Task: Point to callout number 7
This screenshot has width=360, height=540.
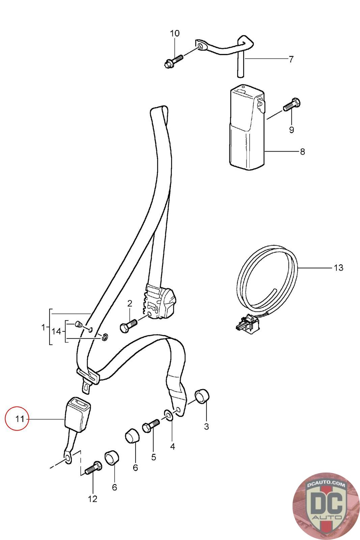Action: tap(291, 59)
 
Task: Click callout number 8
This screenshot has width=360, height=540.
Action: tap(302, 152)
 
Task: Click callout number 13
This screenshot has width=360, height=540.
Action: tap(338, 268)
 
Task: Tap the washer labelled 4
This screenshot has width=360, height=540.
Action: tap(168, 415)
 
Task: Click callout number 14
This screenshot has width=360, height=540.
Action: tap(56, 331)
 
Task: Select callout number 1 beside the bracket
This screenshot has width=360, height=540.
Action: tap(43, 327)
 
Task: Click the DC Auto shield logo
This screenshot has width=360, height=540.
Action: tap(326, 506)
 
